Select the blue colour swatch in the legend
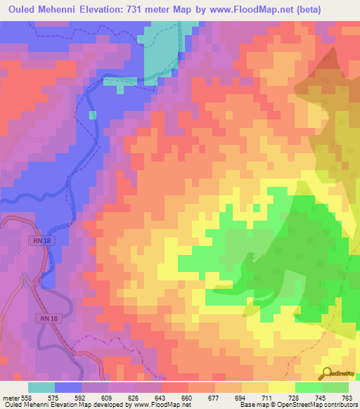click(x=68, y=387)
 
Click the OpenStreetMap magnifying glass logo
click(x=327, y=373)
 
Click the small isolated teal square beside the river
click(x=93, y=115)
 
